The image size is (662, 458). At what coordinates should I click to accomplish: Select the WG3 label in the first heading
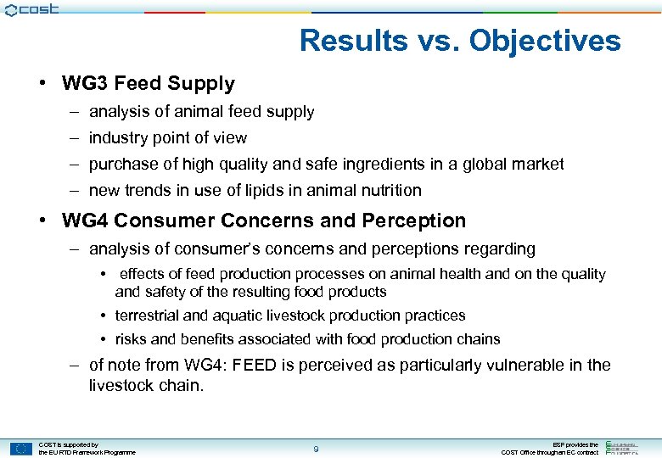[85, 83]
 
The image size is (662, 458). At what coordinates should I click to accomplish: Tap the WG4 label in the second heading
[85, 221]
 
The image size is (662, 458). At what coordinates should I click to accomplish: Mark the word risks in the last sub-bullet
[130, 338]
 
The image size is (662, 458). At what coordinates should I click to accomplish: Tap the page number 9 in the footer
[316, 449]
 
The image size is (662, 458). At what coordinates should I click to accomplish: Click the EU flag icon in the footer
[21, 449]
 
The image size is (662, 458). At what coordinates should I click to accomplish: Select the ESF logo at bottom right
[629, 447]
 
